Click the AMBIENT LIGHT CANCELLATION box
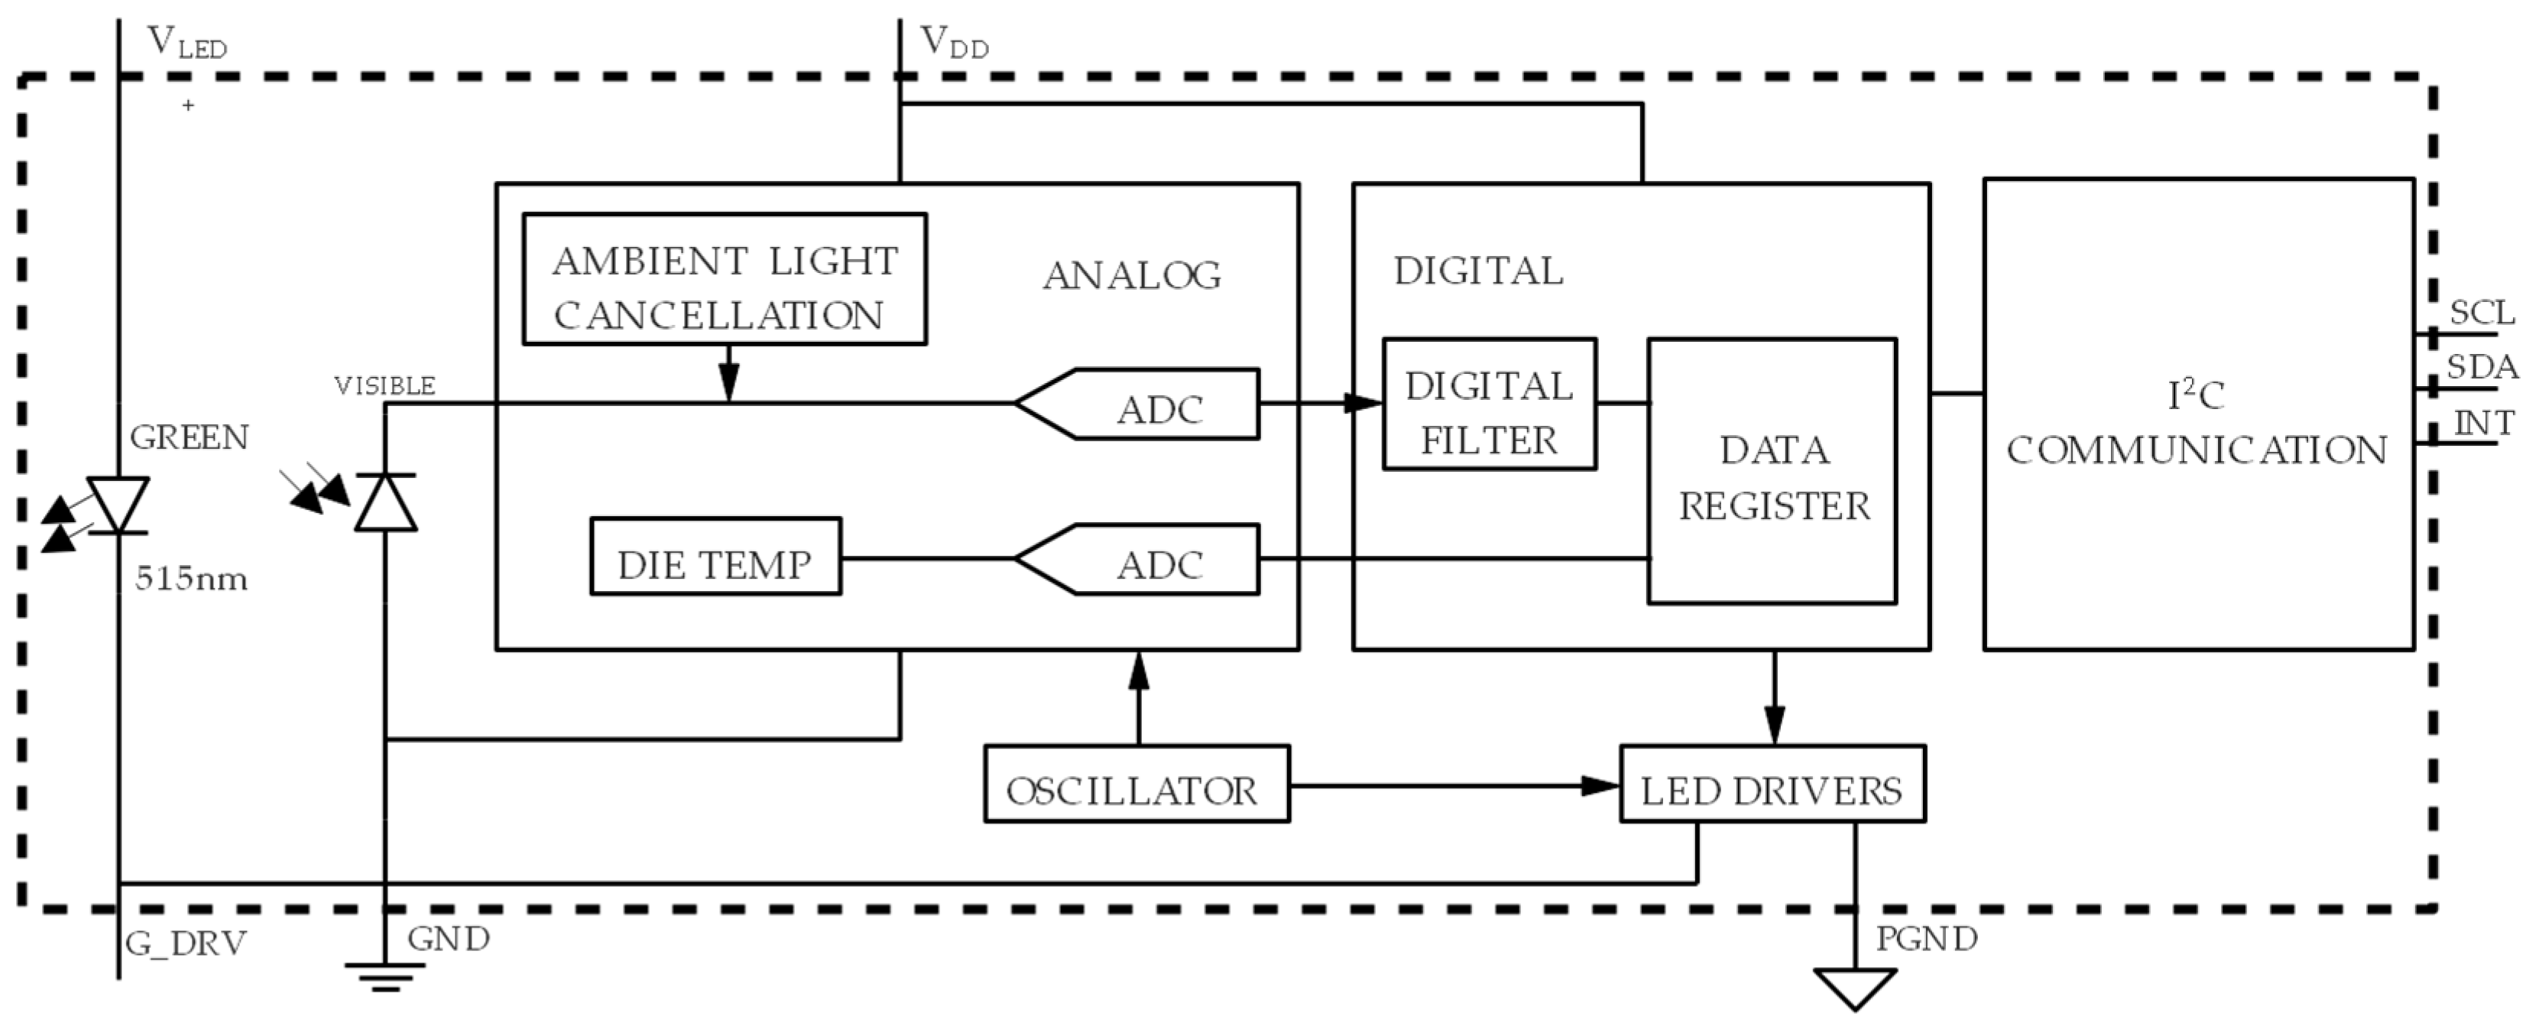725,280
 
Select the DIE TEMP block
715,557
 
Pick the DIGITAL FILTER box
1488,404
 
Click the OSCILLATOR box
1136,784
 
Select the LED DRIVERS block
1772,784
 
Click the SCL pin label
2481,313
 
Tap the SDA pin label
2481,367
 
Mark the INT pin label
2484,423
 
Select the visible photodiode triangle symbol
385,502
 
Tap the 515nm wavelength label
191,580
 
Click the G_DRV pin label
186,943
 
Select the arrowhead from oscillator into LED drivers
1600,785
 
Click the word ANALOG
1131,276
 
